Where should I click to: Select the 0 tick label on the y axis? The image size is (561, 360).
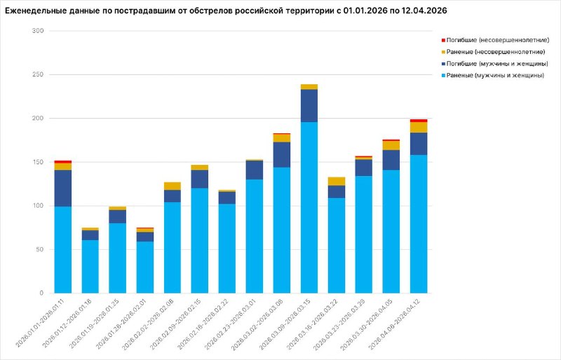[x=41, y=293]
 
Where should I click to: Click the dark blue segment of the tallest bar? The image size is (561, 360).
[x=309, y=105]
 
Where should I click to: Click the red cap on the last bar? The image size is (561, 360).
[x=419, y=121]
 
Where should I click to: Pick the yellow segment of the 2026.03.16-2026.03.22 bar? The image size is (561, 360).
[x=337, y=181]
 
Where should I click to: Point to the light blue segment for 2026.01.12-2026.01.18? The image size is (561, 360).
[x=90, y=267]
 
